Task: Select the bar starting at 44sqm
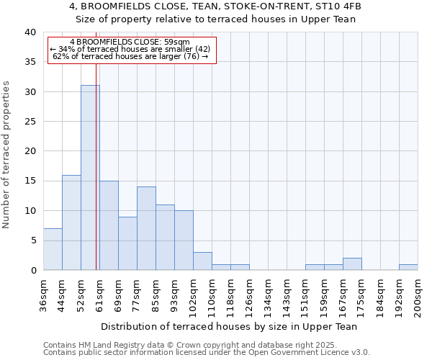[x=71, y=222]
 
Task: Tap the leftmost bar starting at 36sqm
[x=53, y=249]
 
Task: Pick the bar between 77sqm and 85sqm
[x=146, y=228]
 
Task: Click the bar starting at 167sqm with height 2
[x=352, y=264]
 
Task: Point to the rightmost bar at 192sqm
[x=408, y=267]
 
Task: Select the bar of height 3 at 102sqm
[x=202, y=261]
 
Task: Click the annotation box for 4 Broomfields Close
[x=132, y=50]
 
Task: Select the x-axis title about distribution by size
[x=229, y=326]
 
